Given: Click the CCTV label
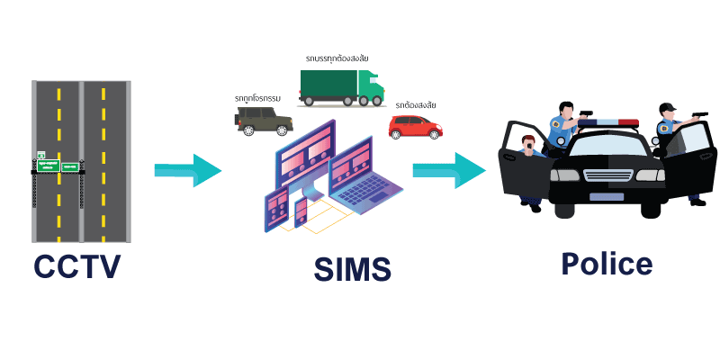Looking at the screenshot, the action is pyautogui.click(x=77, y=266).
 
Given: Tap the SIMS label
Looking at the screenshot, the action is pyautogui.click(x=353, y=269).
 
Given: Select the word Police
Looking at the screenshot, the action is pyautogui.click(x=607, y=263).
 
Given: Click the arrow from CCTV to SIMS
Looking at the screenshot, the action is pyautogui.click(x=188, y=170).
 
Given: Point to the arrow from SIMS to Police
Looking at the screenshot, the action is pyautogui.click(x=448, y=170).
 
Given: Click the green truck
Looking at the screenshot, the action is pyautogui.click(x=342, y=88).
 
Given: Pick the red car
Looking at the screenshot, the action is pyautogui.click(x=416, y=127).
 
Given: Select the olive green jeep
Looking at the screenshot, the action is pyautogui.click(x=264, y=121).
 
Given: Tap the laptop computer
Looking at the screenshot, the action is pyautogui.click(x=364, y=178).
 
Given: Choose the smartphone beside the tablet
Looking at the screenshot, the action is pyautogui.click(x=301, y=212).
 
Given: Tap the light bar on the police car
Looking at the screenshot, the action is pyautogui.click(x=608, y=123).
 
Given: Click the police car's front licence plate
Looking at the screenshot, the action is pyautogui.click(x=607, y=197).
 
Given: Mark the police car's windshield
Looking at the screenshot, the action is pyautogui.click(x=607, y=146).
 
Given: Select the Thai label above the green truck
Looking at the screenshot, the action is pyautogui.click(x=337, y=58).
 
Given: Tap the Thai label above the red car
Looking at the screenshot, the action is pyautogui.click(x=416, y=105).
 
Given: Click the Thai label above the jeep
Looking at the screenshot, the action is pyautogui.click(x=257, y=98).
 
